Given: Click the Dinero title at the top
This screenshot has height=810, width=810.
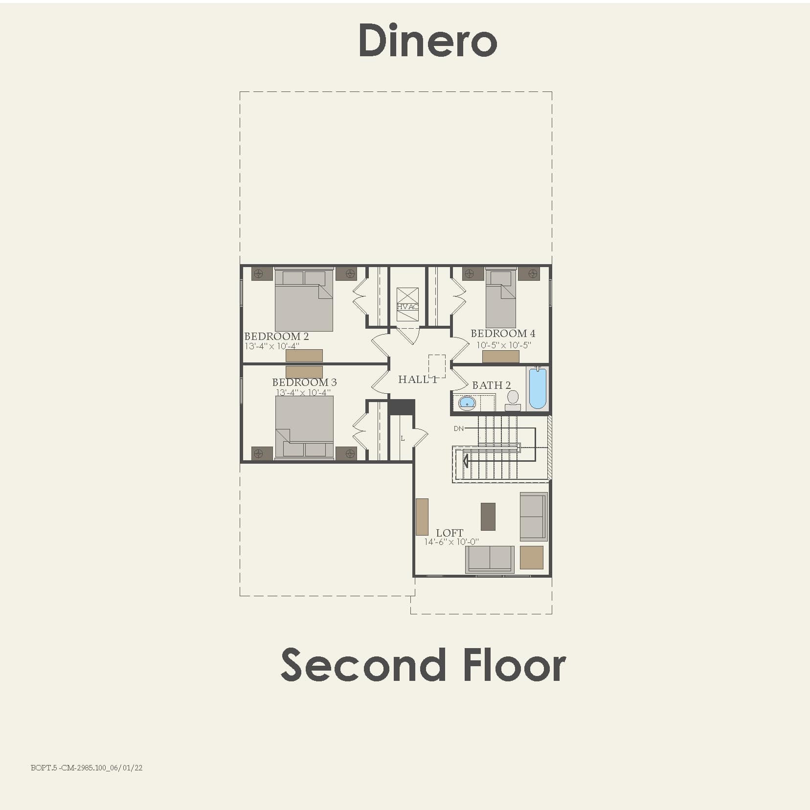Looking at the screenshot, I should pyautogui.click(x=427, y=40).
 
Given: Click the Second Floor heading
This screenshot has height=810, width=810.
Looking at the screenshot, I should pyautogui.click(x=423, y=665).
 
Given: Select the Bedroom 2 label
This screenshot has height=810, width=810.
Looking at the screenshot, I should pyautogui.click(x=276, y=337).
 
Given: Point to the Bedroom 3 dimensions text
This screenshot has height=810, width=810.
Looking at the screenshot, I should pyautogui.click(x=303, y=393).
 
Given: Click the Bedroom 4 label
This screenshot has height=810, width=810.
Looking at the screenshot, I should pyautogui.click(x=502, y=334).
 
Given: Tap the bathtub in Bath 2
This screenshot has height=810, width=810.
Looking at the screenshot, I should pyautogui.click(x=537, y=388).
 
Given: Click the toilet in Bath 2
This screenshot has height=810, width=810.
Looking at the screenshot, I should pyautogui.click(x=513, y=400).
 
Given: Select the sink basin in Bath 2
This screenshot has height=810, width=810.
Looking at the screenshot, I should pyautogui.click(x=467, y=403).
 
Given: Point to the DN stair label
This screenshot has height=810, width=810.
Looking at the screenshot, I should pyautogui.click(x=458, y=428).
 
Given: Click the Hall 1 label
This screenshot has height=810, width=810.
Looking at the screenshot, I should pyautogui.click(x=417, y=380).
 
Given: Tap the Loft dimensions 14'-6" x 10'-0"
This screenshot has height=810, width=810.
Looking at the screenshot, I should pyautogui.click(x=451, y=542).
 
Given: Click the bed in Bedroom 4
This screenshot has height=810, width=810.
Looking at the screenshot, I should pyautogui.click(x=500, y=298).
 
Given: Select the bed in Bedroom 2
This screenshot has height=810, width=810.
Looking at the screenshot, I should pyautogui.click(x=304, y=300).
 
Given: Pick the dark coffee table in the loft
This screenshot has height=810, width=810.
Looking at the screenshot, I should pyautogui.click(x=488, y=517).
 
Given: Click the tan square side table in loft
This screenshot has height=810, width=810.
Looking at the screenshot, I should pyautogui.click(x=531, y=558).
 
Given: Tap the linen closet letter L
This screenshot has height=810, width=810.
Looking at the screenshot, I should pyautogui.click(x=403, y=438).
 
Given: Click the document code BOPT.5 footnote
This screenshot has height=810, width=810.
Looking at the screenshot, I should pyautogui.click(x=87, y=768).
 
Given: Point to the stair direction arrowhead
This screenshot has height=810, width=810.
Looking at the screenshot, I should pyautogui.click(x=466, y=461).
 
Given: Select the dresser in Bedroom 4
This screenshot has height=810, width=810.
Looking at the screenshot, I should pyautogui.click(x=500, y=357).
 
